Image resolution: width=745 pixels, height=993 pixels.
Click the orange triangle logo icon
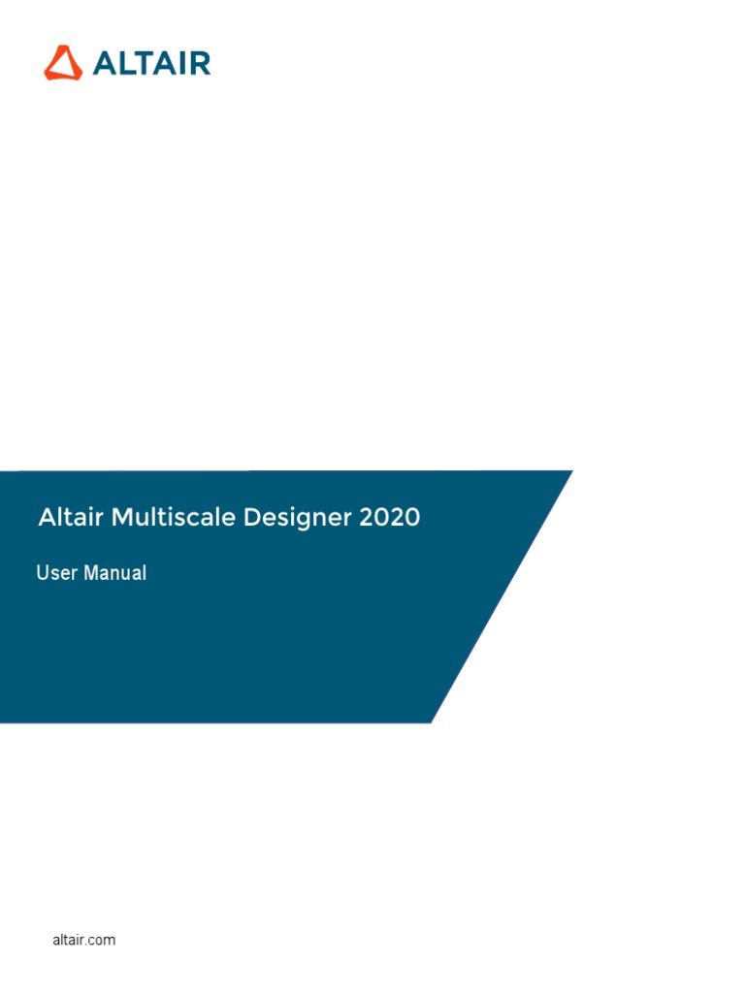click(63, 63)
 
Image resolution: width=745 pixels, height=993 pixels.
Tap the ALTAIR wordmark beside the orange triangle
click(152, 63)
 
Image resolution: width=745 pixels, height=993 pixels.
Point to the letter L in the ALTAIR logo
click(125, 63)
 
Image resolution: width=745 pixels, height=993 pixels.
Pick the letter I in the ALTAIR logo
click(181, 63)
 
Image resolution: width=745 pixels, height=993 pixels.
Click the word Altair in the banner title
click(70, 517)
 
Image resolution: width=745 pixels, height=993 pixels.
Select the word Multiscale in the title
click(174, 517)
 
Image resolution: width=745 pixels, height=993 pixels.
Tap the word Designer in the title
click(298, 519)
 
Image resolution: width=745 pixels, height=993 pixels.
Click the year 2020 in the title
click(390, 518)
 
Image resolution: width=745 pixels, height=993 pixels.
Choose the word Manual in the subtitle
click(115, 572)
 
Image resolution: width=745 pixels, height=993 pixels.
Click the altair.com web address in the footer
click(84, 940)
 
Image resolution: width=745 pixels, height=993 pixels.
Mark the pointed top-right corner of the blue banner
click(572, 470)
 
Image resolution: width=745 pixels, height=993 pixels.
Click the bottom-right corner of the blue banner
click(431, 721)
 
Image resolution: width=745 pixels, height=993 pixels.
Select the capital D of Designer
click(253, 517)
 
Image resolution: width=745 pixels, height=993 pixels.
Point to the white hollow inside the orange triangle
click(63, 65)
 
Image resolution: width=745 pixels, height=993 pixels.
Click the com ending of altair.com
click(103, 941)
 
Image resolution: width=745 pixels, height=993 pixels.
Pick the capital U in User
click(43, 572)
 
